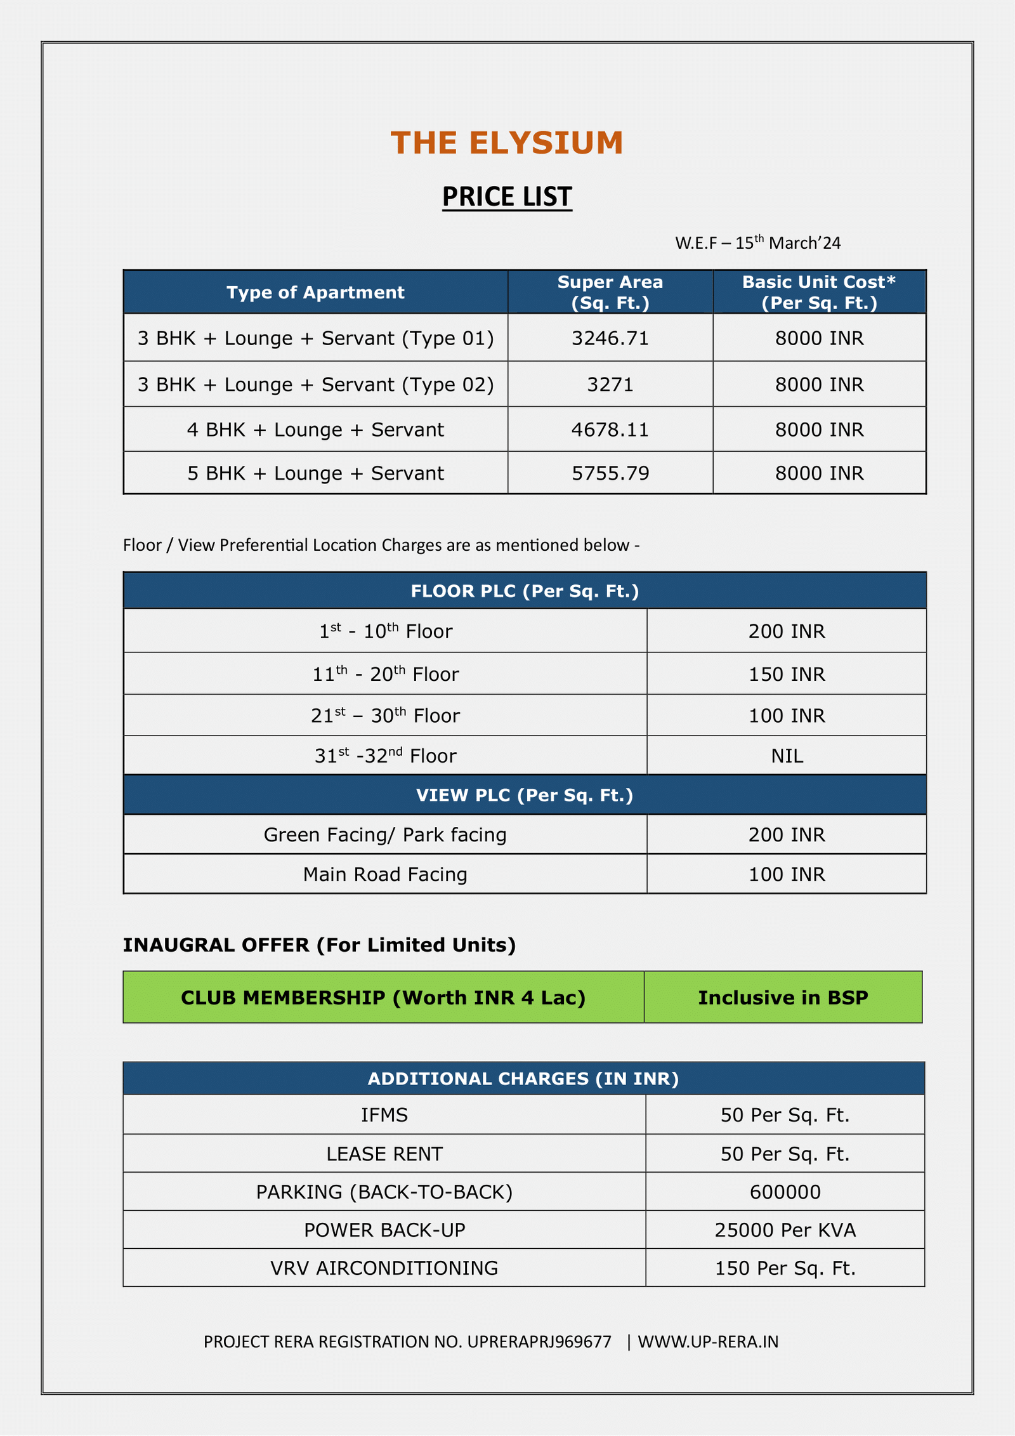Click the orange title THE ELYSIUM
[x=507, y=143]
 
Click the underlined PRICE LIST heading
[x=507, y=197]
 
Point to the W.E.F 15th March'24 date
[x=757, y=243]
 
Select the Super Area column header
[x=610, y=293]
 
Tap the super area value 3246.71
[x=610, y=338]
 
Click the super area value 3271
[x=610, y=385]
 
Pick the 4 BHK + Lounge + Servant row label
[x=315, y=430]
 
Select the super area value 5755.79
[x=610, y=473]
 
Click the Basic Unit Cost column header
[x=819, y=293]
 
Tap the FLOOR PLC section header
[x=525, y=591]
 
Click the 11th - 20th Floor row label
[x=385, y=674]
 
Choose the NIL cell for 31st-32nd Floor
[x=787, y=756]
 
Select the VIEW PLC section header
[x=525, y=795]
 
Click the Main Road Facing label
[x=385, y=874]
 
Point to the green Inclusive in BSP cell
[x=783, y=998]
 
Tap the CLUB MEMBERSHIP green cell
[x=383, y=998]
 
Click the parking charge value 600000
[x=785, y=1192]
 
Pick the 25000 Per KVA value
[x=785, y=1230]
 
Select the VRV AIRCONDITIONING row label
[x=384, y=1268]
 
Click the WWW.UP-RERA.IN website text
[x=708, y=1341]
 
